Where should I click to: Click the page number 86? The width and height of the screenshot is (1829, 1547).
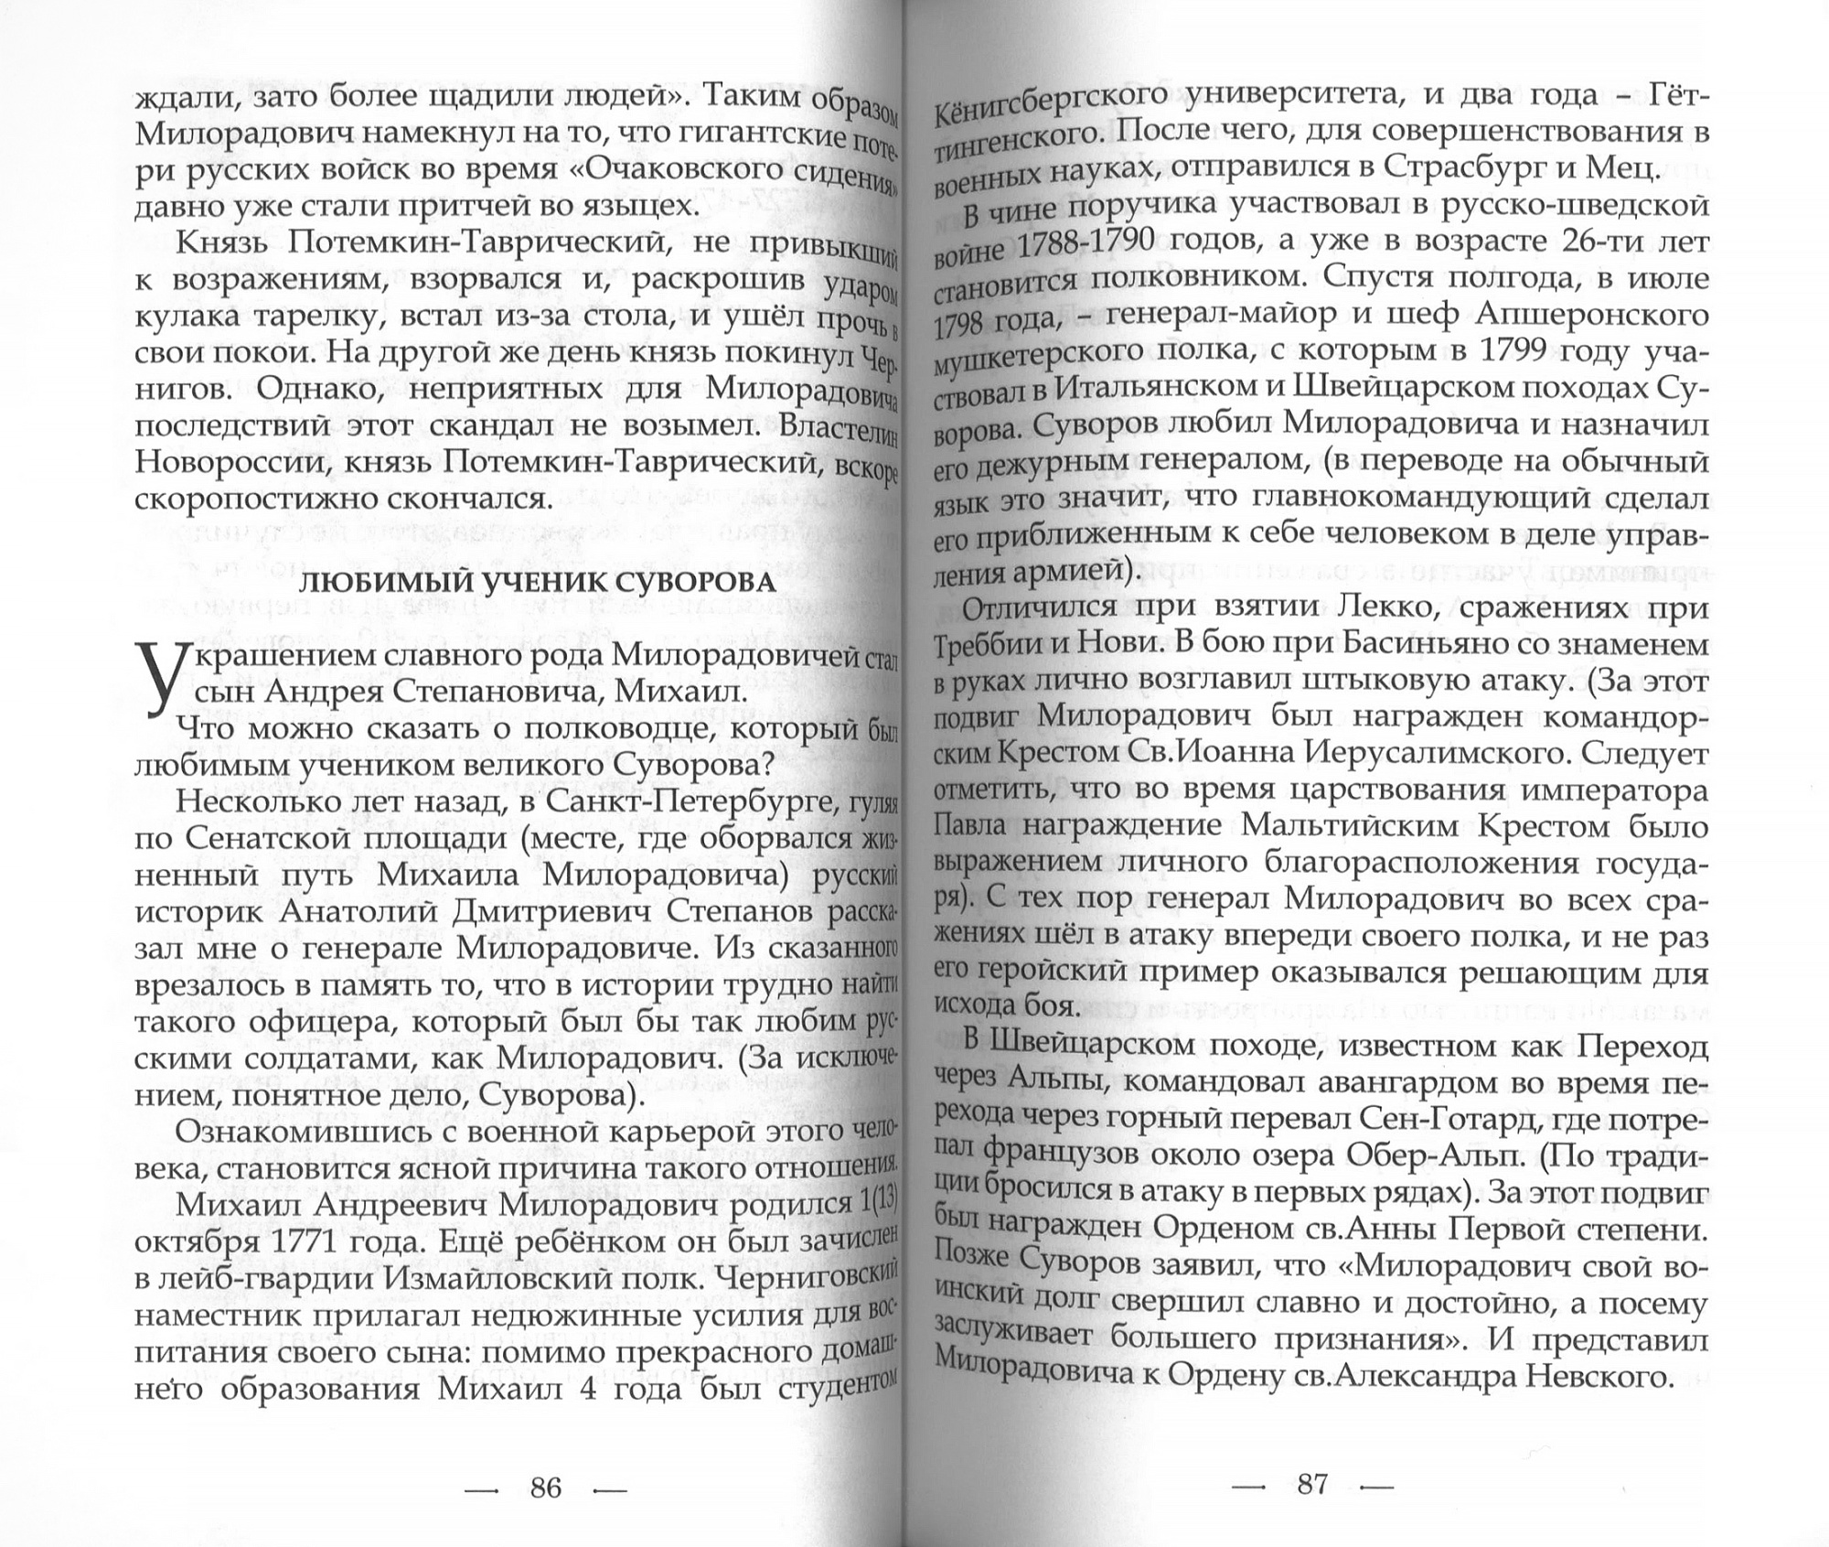click(x=545, y=1488)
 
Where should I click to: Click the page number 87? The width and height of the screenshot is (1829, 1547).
click(x=1311, y=1483)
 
